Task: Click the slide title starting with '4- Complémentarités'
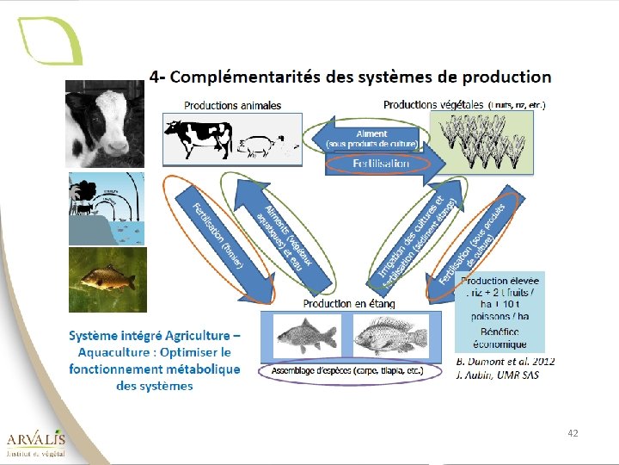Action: [350, 77]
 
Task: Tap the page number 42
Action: [573, 433]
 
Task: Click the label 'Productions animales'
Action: [232, 106]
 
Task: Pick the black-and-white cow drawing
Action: [199, 138]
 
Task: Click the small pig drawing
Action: [258, 146]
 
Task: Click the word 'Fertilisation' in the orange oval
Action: [381, 163]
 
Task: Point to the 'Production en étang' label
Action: [349, 303]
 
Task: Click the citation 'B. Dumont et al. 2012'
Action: [506, 361]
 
